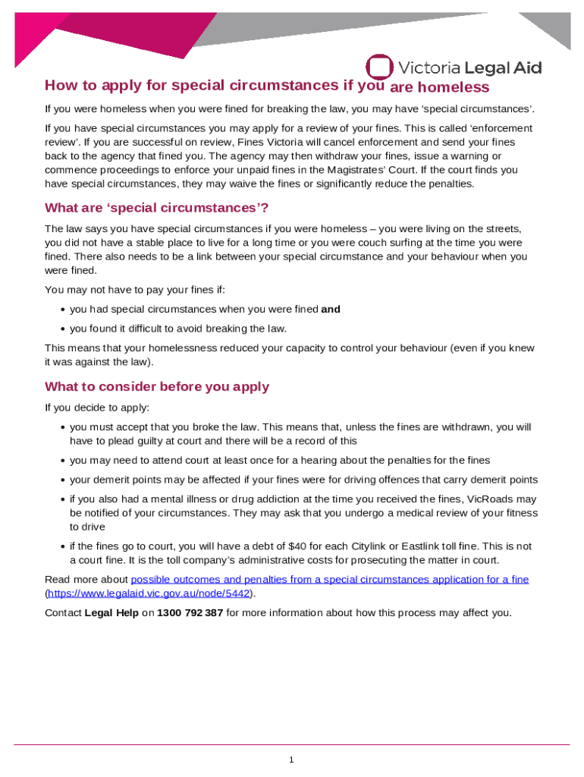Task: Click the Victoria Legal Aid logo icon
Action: [379, 67]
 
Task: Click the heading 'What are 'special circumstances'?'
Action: [157, 208]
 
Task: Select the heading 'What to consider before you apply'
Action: [157, 386]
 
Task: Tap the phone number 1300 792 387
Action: [190, 612]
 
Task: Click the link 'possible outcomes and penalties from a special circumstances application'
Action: [329, 580]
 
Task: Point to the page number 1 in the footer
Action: [291, 760]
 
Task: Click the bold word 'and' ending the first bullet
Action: [331, 309]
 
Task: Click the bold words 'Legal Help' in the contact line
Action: [111, 612]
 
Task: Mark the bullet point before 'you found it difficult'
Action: [61, 329]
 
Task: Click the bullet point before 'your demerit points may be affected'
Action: [61, 480]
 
